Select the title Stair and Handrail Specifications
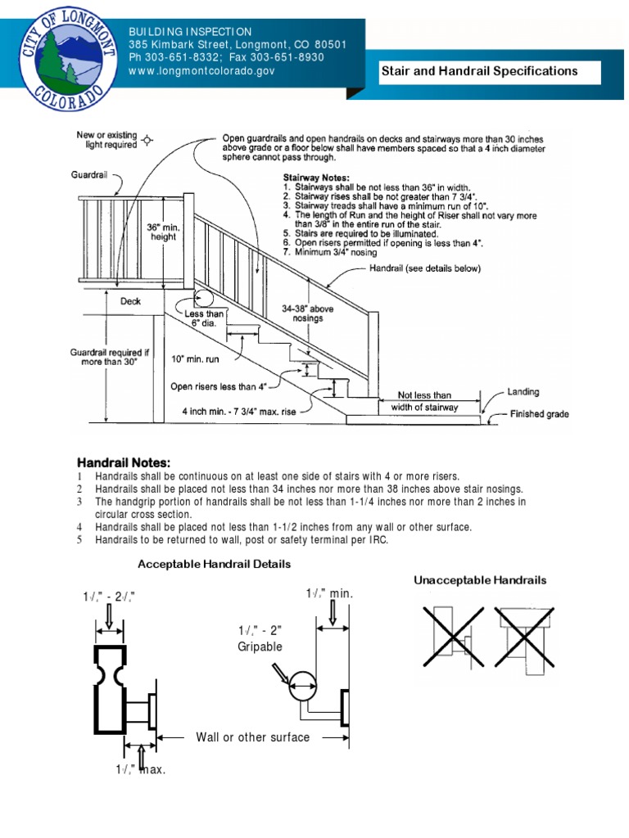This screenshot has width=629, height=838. pos(479,71)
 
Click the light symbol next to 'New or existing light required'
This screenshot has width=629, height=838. pos(147,140)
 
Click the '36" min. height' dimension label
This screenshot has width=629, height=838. pos(164,232)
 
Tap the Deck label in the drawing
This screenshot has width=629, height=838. pos(130,301)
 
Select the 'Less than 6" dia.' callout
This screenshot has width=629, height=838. pos(205,320)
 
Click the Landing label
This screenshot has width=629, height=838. pos(523,392)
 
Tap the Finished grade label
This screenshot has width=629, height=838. pos(539,414)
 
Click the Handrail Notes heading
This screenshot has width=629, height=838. pos(124,462)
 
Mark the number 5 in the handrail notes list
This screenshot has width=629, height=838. pos(80,540)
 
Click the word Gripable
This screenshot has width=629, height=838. pos(260,647)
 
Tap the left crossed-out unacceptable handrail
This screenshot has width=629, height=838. pos(450,631)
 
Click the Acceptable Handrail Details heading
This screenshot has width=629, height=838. pos(214,564)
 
